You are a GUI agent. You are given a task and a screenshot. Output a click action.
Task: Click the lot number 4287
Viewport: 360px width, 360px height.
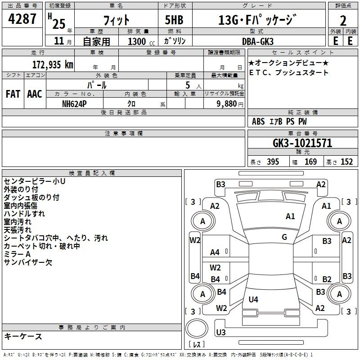[x=22, y=19]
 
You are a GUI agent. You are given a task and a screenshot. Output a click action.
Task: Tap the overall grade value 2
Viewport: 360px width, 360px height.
[x=343, y=21]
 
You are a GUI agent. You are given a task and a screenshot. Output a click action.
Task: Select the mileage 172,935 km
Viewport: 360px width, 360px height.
[x=53, y=65]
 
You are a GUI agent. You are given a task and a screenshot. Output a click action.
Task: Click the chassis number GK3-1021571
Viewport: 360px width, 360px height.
[x=302, y=143]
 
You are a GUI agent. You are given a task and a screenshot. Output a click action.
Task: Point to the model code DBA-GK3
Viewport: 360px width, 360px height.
[x=257, y=41]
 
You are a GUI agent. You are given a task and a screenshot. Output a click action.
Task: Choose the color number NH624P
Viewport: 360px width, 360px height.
[x=74, y=104]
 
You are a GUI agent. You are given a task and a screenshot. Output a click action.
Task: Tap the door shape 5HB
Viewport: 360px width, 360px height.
[x=174, y=20]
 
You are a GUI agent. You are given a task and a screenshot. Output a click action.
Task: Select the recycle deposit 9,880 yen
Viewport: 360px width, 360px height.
[x=230, y=104]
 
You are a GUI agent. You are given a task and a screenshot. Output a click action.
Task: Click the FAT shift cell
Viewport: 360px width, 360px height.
[x=13, y=94]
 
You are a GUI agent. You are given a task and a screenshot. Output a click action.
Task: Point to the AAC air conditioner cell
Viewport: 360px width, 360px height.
[x=35, y=94]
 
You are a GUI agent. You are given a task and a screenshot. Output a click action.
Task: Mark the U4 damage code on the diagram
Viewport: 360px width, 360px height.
[x=253, y=299]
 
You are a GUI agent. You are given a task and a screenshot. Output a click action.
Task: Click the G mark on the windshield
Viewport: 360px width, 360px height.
[x=284, y=237]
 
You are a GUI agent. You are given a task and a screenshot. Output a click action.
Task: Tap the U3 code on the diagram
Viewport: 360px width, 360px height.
[x=221, y=332]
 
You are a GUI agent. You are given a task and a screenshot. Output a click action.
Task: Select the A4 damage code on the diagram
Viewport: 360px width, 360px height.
[x=215, y=252]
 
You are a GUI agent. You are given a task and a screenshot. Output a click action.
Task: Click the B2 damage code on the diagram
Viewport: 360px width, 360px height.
[x=327, y=279]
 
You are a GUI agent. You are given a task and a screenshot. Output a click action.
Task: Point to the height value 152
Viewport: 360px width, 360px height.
[x=346, y=162]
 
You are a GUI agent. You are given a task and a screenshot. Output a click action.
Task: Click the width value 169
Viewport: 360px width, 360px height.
[x=310, y=162]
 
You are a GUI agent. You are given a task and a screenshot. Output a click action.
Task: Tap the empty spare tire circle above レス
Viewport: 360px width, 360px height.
[x=197, y=328]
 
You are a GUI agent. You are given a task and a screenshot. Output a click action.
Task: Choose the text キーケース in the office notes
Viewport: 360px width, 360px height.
[x=23, y=336]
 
